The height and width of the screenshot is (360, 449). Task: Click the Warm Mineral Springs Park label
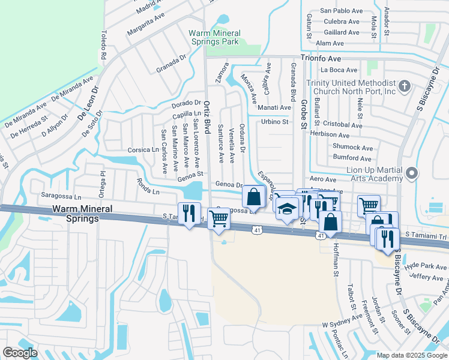point(214,38)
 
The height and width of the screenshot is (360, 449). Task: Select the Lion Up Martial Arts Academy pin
point(411,174)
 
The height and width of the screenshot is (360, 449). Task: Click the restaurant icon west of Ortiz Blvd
point(190,214)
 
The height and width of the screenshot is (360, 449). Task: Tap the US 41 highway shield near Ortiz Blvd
point(256,229)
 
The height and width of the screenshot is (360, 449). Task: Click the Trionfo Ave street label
point(321,59)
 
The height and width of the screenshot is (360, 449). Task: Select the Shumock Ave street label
point(352,148)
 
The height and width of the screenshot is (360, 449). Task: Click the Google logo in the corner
point(20,353)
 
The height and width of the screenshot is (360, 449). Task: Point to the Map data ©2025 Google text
point(411,355)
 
